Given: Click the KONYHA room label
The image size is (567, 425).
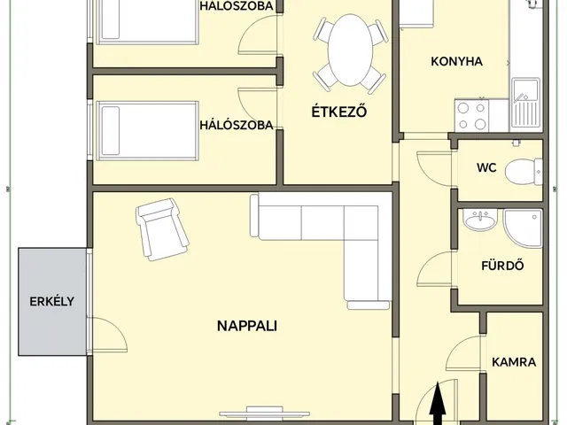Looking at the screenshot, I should pyautogui.click(x=456, y=62).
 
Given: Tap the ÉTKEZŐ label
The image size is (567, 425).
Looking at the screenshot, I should pyautogui.click(x=338, y=112).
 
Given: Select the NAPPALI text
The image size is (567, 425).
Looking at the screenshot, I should pyautogui.click(x=247, y=325).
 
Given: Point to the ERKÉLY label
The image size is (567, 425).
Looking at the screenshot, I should pyautogui.click(x=51, y=300).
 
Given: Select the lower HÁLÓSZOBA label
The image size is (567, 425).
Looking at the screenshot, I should pyautogui.click(x=237, y=125).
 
